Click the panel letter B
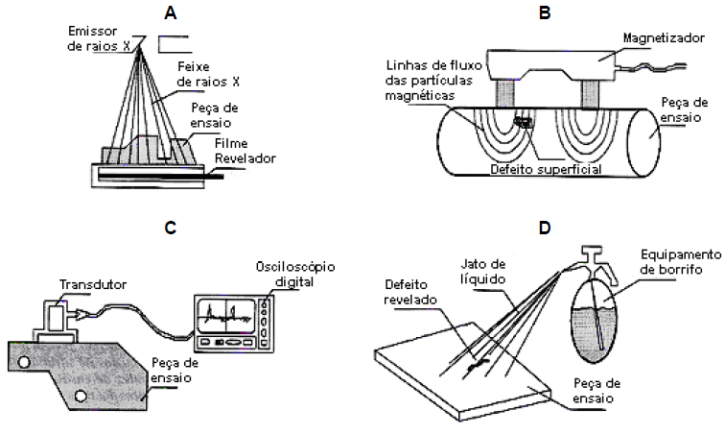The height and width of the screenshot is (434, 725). (x=544, y=13)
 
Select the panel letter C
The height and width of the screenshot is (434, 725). (x=170, y=228)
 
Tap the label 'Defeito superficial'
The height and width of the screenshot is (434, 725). (x=546, y=168)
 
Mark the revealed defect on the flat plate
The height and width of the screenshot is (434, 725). (x=474, y=365)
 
